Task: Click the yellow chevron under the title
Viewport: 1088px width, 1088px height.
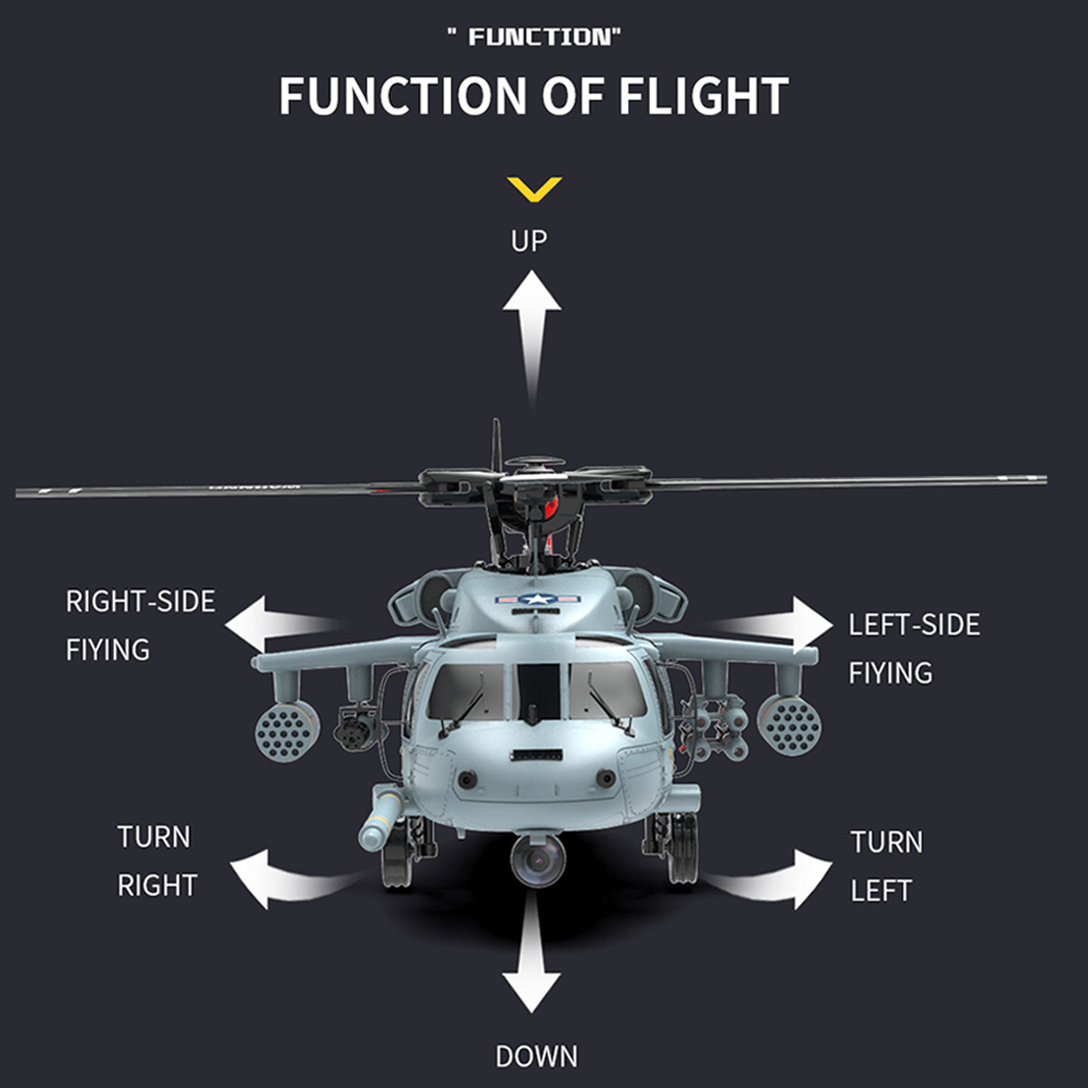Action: tap(533, 188)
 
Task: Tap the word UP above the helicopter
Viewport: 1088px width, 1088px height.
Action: tap(529, 240)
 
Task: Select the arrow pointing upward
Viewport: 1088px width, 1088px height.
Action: tap(532, 326)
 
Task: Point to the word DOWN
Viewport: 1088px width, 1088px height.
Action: tap(536, 1056)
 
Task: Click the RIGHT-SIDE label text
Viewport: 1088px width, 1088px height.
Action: tap(139, 601)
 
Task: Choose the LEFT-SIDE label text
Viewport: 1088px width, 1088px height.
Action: tap(914, 625)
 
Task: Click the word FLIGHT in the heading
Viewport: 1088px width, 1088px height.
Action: tap(703, 97)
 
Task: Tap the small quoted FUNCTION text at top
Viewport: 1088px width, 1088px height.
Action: tap(534, 38)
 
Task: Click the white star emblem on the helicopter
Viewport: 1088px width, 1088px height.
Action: tap(535, 599)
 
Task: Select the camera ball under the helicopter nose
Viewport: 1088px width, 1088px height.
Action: tap(537, 859)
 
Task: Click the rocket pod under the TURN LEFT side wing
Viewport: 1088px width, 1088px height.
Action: tap(788, 725)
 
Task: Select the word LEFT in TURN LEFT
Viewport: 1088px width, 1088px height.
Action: tap(880, 890)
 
